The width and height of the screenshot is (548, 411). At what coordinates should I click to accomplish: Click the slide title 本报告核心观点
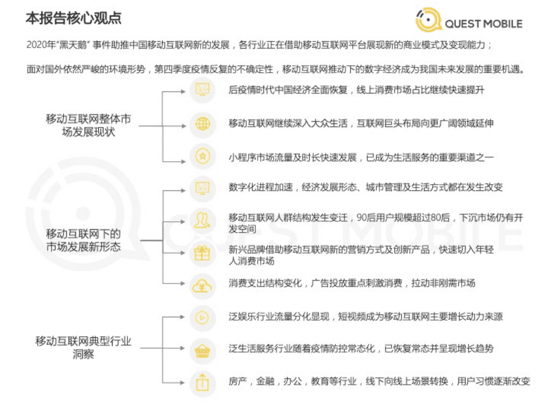[x=74, y=18]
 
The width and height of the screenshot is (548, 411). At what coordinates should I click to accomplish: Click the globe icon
[x=203, y=123]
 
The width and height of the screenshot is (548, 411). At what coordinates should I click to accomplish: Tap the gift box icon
[x=202, y=253]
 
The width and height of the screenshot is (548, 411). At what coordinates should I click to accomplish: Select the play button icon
[x=202, y=317]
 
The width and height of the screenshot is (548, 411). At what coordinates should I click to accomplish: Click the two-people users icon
[x=202, y=220]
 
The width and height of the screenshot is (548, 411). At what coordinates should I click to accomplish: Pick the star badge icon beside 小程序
[x=203, y=156]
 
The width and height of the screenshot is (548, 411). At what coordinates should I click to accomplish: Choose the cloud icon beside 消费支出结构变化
[x=202, y=284]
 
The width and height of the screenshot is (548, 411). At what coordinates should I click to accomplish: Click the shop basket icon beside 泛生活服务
[x=202, y=350]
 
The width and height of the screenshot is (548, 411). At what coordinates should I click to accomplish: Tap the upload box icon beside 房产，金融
[x=202, y=382]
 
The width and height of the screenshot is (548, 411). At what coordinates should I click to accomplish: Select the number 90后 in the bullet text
[x=366, y=218]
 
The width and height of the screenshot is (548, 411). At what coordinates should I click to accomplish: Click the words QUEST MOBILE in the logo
[x=483, y=23]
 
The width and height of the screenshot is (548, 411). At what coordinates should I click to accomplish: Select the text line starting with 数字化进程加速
[x=365, y=187]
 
